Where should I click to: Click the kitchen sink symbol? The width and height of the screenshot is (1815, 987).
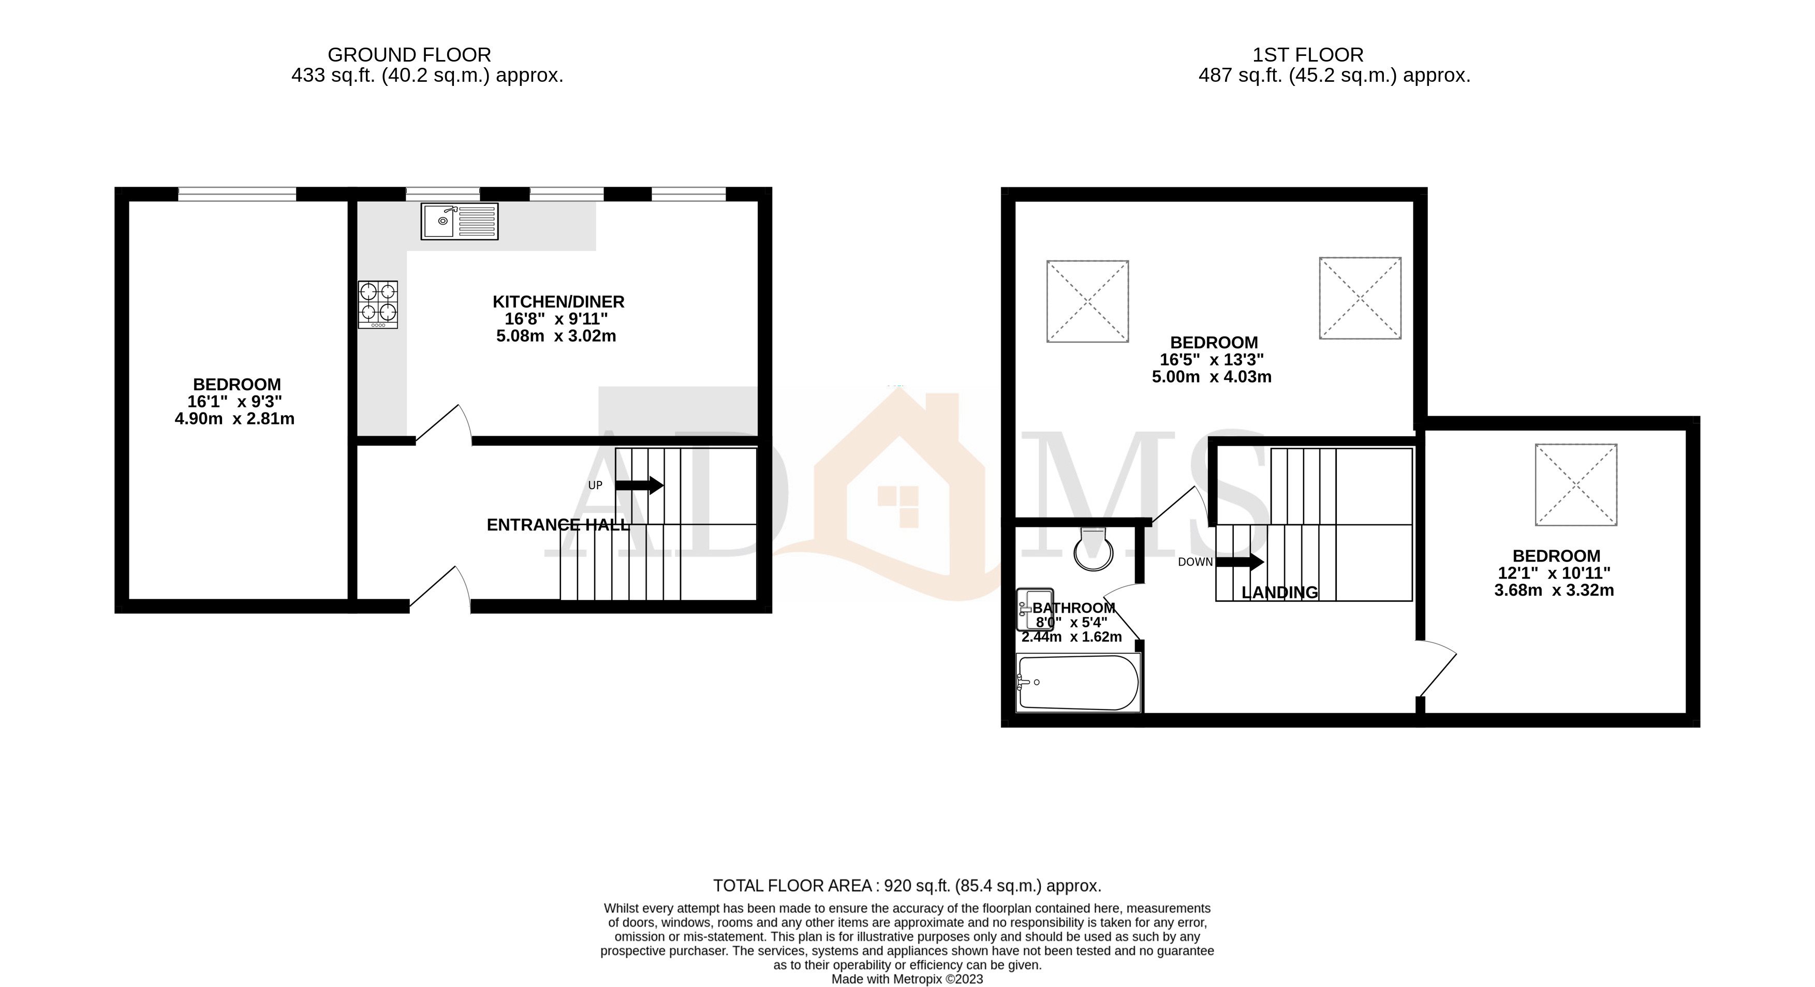pyautogui.click(x=460, y=221)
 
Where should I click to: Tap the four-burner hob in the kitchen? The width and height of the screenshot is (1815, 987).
pyautogui.click(x=378, y=304)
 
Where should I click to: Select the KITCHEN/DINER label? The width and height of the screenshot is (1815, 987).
pyautogui.click(x=558, y=302)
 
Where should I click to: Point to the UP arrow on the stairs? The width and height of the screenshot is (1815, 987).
pyautogui.click(x=639, y=484)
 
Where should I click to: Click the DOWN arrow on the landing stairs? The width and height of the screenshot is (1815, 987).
pyautogui.click(x=1239, y=562)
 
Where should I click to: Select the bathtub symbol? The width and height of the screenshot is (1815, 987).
pyautogui.click(x=1078, y=683)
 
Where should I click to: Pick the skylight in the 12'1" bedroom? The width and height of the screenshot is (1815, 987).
pyautogui.click(x=1575, y=484)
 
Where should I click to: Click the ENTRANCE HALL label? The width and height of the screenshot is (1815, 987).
pyautogui.click(x=557, y=525)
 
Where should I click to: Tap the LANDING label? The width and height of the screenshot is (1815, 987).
pyautogui.click(x=1279, y=593)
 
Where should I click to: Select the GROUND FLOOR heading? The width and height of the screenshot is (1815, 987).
pyautogui.click(x=409, y=55)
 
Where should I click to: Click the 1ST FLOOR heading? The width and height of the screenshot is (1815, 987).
pyautogui.click(x=1308, y=55)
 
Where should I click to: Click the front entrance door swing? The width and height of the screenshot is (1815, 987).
pyautogui.click(x=440, y=588)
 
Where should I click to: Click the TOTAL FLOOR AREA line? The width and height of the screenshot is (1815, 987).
pyautogui.click(x=907, y=886)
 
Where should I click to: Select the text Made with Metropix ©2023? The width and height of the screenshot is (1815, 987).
pyautogui.click(x=907, y=979)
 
